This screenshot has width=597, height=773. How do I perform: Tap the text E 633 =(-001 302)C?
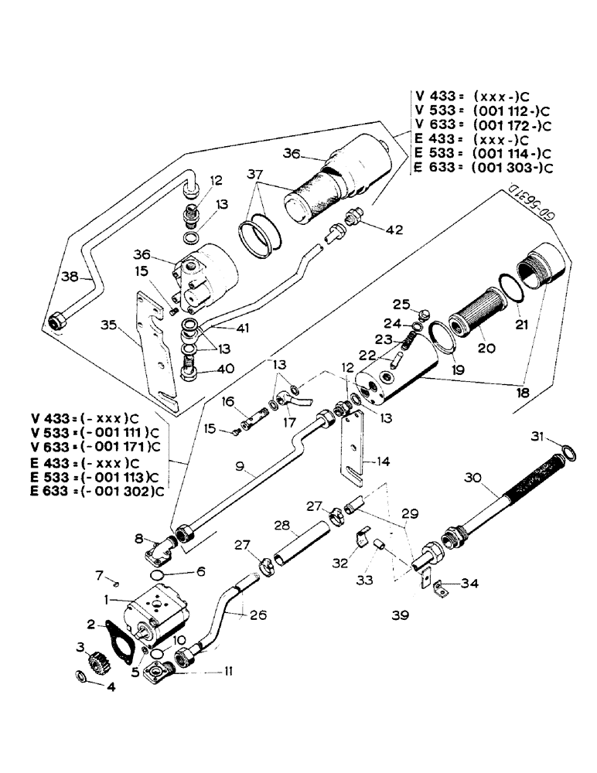96,489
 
